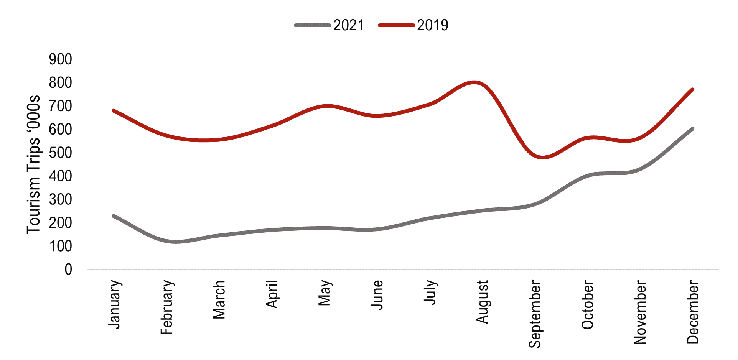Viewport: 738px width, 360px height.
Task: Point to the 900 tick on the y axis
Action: pyautogui.click(x=61, y=59)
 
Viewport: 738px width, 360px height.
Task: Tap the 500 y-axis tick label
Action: pyautogui.click(x=61, y=153)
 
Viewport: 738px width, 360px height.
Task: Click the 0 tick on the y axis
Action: pyautogui.click(x=68, y=270)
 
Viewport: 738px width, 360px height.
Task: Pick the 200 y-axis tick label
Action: pyautogui.click(x=61, y=223)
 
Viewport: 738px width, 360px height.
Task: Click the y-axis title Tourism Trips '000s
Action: pyautogui.click(x=34, y=164)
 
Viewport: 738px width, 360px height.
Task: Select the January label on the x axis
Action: pyautogui.click(x=115, y=304)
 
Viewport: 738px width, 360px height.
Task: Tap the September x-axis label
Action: pyautogui.click(x=535, y=314)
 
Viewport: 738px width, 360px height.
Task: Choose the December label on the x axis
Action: pyautogui.click(x=693, y=312)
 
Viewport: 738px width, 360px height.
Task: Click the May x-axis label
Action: pyautogui.click(x=325, y=293)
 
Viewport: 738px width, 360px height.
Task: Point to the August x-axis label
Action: pyautogui.click(x=483, y=302)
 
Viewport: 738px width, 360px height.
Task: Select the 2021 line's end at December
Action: pyautogui.click(x=692, y=129)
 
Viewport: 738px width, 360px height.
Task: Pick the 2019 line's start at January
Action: pyautogui.click(x=114, y=111)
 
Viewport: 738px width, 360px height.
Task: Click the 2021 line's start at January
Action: pyautogui.click(x=114, y=216)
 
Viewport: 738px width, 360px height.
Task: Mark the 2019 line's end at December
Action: pyautogui.click(x=692, y=90)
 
